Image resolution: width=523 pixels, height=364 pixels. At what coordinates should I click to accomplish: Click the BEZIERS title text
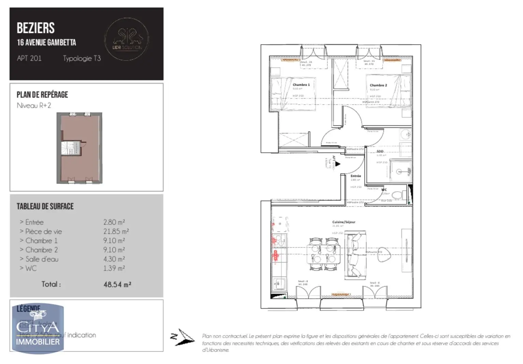(x=35, y=28)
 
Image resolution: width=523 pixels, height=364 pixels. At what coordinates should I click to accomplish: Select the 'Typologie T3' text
(x=82, y=58)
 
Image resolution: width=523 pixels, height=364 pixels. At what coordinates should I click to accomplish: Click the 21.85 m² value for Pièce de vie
(x=116, y=232)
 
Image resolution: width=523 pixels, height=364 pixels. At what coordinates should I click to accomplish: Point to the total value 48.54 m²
(x=117, y=284)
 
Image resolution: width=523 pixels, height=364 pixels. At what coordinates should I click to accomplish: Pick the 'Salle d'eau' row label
(x=42, y=259)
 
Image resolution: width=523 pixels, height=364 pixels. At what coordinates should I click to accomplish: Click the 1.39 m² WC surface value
(x=114, y=268)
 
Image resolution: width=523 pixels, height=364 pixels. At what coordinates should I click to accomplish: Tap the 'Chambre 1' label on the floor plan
(x=301, y=85)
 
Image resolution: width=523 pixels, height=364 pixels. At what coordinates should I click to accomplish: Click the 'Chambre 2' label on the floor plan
(x=378, y=85)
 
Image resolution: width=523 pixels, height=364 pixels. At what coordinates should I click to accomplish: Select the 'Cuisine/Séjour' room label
(x=344, y=222)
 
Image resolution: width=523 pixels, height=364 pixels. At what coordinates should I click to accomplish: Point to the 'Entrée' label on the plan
(x=356, y=176)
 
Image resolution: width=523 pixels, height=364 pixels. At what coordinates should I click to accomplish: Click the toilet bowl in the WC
(x=397, y=195)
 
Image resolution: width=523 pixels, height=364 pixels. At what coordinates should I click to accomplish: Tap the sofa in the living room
(x=356, y=255)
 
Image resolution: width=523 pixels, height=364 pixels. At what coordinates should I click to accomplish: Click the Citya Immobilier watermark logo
(x=38, y=328)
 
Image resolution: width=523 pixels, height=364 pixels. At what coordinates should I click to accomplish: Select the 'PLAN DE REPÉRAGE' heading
(x=42, y=95)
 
